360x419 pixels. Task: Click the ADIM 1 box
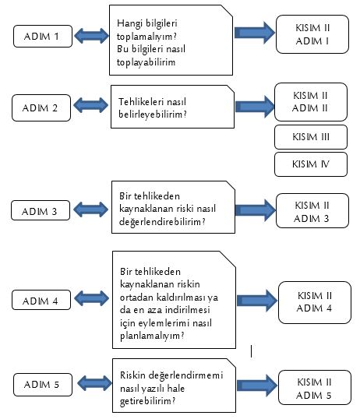(x=43, y=37)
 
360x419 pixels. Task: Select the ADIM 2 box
(x=41, y=108)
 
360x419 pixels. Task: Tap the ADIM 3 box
(x=41, y=210)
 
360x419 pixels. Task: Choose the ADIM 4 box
(x=41, y=300)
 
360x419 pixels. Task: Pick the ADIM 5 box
(x=43, y=385)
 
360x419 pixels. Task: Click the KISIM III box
(x=311, y=137)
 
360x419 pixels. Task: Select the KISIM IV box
(x=311, y=164)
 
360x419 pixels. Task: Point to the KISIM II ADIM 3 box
(x=312, y=211)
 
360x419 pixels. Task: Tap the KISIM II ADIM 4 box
(x=315, y=302)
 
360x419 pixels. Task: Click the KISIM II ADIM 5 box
(x=315, y=388)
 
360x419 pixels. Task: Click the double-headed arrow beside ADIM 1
(x=91, y=36)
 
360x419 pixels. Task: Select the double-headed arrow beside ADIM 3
(x=90, y=209)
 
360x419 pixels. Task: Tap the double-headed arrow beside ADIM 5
(x=94, y=383)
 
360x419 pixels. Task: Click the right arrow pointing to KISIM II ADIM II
(x=255, y=107)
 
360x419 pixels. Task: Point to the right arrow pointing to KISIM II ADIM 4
(x=257, y=301)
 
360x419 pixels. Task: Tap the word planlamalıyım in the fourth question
(x=152, y=336)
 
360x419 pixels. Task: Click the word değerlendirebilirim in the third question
(x=162, y=222)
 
